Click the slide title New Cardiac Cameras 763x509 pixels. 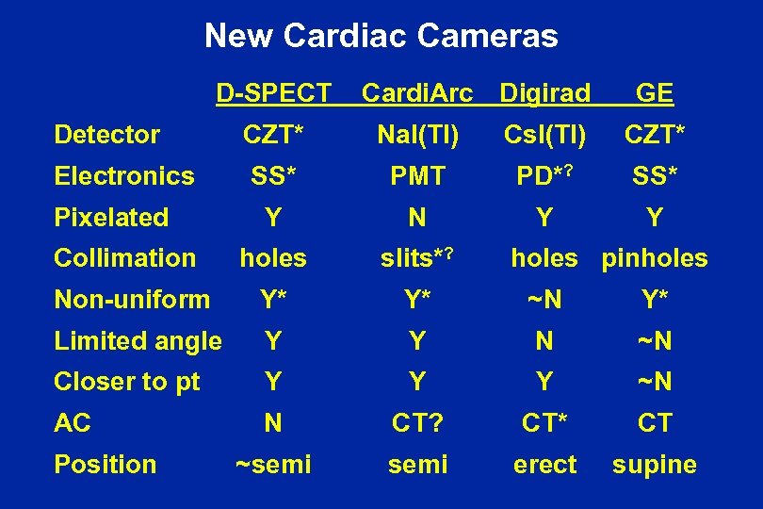click(381, 37)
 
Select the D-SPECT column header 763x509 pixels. click(273, 93)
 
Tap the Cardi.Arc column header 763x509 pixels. click(417, 93)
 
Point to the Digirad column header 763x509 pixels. click(544, 93)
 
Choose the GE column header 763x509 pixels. click(654, 93)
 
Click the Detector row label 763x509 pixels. click(107, 135)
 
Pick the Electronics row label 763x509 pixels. click(124, 176)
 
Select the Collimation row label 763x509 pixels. click(125, 258)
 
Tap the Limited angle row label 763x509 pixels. click(138, 340)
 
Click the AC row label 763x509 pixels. click(73, 423)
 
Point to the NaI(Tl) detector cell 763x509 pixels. click(417, 135)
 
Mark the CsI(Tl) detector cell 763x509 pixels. click(544, 135)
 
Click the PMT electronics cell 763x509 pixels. click(417, 176)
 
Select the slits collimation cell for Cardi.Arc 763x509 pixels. click(417, 258)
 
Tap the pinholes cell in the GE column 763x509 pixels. click(655, 258)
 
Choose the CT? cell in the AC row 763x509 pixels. click(417, 423)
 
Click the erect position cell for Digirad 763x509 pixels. click(544, 465)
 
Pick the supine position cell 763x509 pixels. click(655, 465)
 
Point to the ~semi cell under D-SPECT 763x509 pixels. click(273, 465)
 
